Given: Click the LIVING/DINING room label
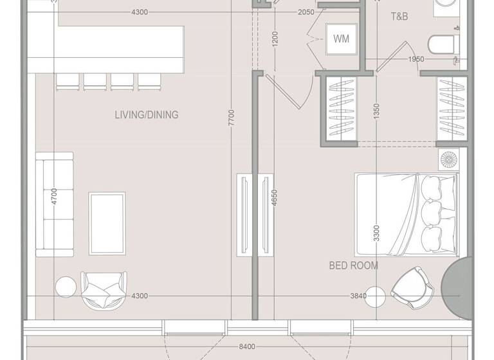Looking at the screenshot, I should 146,115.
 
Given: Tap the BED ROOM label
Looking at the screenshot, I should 353,265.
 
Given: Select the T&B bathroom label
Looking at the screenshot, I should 399,17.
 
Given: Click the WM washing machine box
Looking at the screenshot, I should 341,39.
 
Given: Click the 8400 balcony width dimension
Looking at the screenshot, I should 246,347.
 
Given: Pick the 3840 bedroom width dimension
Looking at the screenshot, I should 358,296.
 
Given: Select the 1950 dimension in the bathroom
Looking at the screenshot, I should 416,60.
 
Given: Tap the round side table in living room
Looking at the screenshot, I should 66,287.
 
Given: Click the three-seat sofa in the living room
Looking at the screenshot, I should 54,204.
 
